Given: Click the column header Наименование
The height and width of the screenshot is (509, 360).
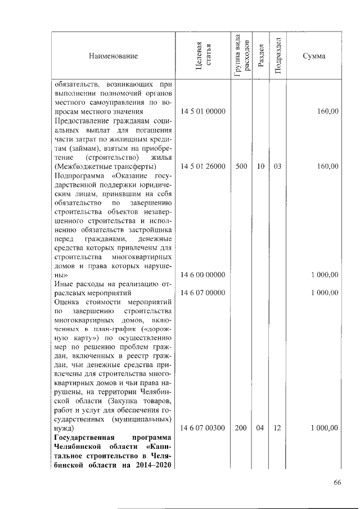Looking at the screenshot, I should [x=112, y=56].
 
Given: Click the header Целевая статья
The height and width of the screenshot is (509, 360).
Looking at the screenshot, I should [x=202, y=56].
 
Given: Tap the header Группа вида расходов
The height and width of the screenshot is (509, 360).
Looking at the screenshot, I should [x=241, y=55].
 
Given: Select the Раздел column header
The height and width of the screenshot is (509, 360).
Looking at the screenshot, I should [x=260, y=56].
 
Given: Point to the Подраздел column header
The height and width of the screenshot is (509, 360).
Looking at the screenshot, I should [x=277, y=56].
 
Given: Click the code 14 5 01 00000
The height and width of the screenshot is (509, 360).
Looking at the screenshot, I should [x=203, y=112].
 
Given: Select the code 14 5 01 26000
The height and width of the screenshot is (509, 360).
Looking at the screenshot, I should [x=203, y=166].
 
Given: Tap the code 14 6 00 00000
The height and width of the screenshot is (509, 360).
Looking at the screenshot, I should [x=203, y=275].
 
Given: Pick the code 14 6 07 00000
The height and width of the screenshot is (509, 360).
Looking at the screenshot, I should [x=203, y=292].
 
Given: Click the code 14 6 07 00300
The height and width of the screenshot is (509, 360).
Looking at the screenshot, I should [x=203, y=428].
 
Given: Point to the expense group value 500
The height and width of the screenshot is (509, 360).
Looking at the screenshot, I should [x=241, y=166].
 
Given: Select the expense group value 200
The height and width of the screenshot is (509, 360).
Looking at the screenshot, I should [x=241, y=428].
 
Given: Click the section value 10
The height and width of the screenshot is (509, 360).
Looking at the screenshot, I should [x=260, y=166].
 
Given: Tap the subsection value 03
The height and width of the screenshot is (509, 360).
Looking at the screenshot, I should [x=277, y=166].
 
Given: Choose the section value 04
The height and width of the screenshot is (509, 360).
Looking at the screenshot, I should [x=260, y=428].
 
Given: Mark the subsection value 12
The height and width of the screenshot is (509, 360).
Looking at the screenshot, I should [x=277, y=428].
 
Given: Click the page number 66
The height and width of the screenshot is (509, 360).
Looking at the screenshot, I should [x=337, y=483].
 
